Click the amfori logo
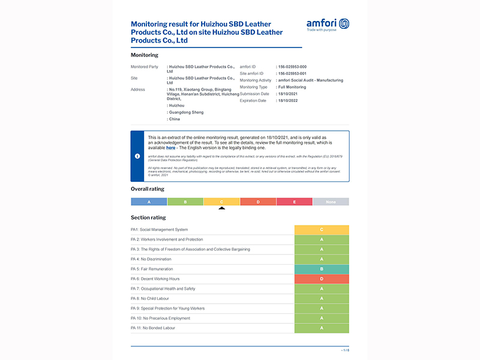tap(328, 25)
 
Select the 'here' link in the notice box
tap(171, 147)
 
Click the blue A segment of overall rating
tap(149, 202)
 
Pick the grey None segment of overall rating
tap(331, 202)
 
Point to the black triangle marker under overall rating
tap(222, 208)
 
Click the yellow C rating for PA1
tap(322, 230)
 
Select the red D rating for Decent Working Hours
tap(322, 279)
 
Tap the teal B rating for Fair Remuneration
tap(322, 269)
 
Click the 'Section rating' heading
tap(148, 217)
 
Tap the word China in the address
tap(175, 119)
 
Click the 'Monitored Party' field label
tap(145, 67)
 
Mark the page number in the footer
tap(345, 350)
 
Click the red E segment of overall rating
tap(295, 202)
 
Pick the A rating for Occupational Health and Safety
tap(322, 289)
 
